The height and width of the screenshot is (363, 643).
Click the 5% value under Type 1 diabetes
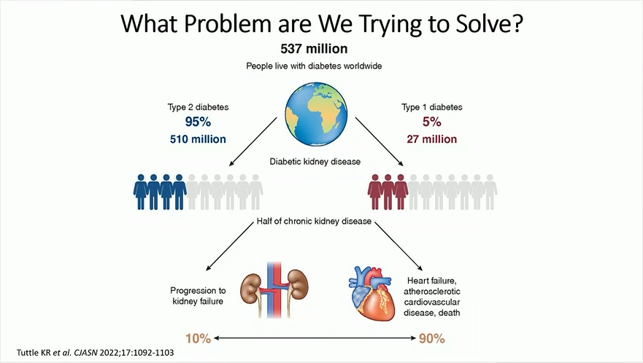(x=431, y=122)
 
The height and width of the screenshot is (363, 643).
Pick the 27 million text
(x=431, y=139)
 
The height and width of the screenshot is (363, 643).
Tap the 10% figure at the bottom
(x=199, y=339)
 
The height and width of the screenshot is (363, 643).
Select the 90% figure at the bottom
(x=431, y=339)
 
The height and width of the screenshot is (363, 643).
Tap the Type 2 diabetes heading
(x=199, y=107)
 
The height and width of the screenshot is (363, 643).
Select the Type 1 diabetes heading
(x=431, y=107)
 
